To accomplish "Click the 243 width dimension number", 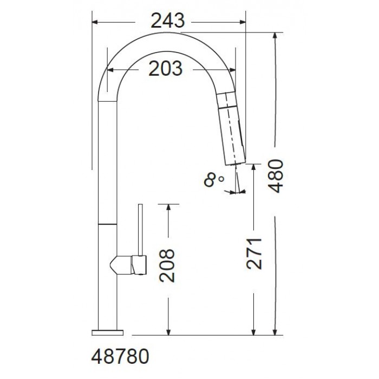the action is (x=168, y=21).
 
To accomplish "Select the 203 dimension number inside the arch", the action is (x=166, y=68).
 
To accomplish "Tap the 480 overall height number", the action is (x=276, y=176).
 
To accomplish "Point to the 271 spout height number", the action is (x=254, y=253).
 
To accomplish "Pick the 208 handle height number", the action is (x=167, y=266).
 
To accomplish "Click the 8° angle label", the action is (x=214, y=180).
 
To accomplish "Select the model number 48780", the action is (x=120, y=356).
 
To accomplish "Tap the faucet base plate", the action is (x=108, y=332).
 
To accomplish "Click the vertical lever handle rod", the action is (x=140, y=230).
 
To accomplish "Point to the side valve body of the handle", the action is (x=128, y=265).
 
